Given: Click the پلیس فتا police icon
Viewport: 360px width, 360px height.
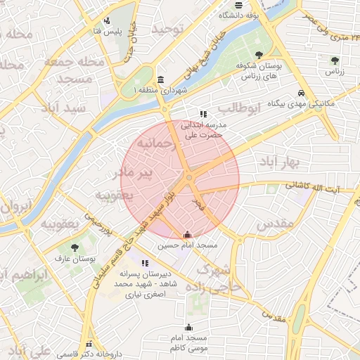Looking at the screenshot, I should coord(106,20).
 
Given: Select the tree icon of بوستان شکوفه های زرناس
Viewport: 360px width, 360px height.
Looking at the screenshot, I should coord(260,54).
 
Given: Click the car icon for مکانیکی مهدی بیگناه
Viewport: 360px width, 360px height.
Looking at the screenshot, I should coord(301,93).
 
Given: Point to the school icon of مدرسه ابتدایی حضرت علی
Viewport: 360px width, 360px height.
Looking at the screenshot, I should coord(203,113).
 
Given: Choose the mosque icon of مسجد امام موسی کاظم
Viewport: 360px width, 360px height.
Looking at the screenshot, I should coord(188,327).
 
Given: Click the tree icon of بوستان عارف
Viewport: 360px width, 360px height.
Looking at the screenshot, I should coord(75,247).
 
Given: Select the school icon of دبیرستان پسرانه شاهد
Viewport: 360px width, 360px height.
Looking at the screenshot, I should coord(145,263).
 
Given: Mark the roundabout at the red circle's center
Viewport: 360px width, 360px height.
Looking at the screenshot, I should coord(189,177).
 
